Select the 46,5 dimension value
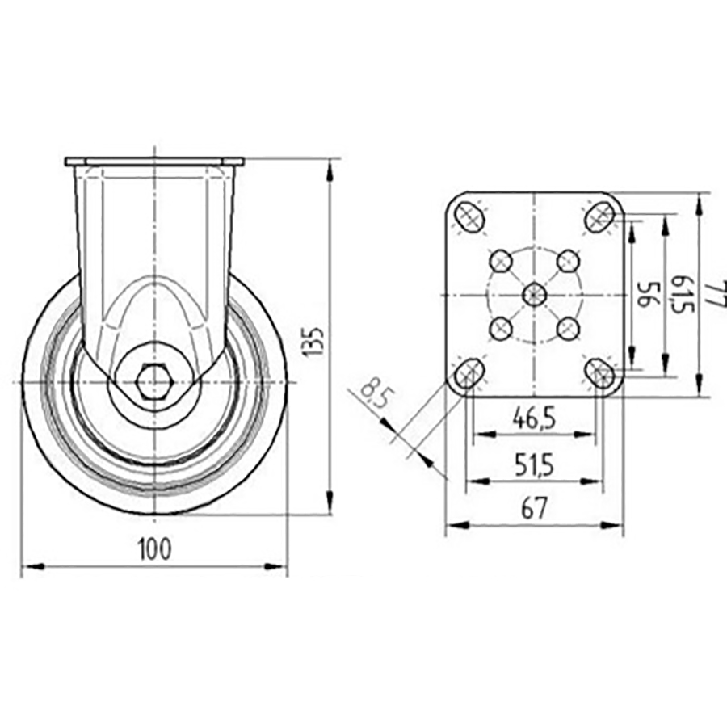point(534,418)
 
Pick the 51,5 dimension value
point(534,464)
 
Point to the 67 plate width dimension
point(534,508)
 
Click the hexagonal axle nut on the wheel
point(153,381)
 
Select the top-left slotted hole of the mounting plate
point(469,216)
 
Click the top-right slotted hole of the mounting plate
point(599,216)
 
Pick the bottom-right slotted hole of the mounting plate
point(599,372)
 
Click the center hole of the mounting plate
point(534,295)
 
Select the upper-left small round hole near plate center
point(501,261)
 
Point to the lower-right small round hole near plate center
point(568,328)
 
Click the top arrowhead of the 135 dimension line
point(330,168)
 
